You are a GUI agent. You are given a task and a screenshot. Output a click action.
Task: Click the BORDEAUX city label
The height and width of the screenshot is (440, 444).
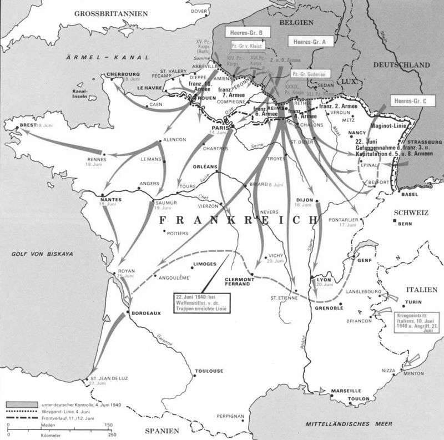(147, 313)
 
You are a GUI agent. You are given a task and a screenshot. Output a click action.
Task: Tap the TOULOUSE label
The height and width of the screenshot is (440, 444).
(209, 371)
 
